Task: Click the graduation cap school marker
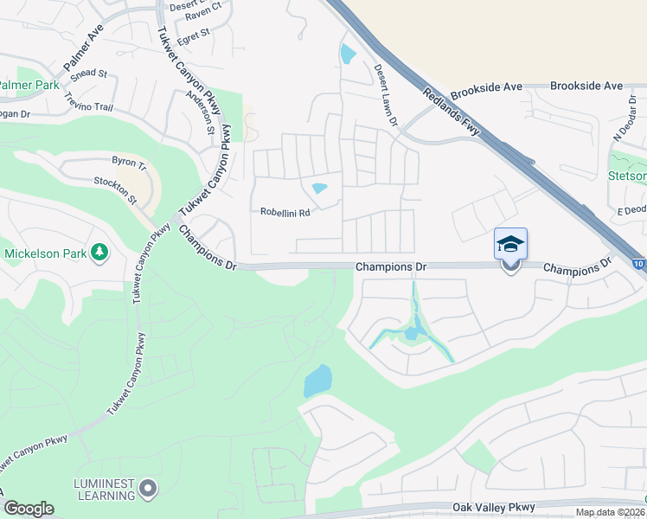[x=510, y=243]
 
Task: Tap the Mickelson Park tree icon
[x=100, y=253]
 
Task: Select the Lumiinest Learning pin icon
[x=148, y=490]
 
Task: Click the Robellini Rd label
[x=285, y=211]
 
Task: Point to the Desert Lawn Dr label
[x=385, y=96]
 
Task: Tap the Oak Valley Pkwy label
[x=493, y=508]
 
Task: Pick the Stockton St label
[x=116, y=190]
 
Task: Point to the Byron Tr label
[x=130, y=161]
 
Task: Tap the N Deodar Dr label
[x=625, y=125]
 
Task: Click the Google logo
[x=29, y=509]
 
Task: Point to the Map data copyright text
[x=611, y=512]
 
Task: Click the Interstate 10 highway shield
[x=639, y=263]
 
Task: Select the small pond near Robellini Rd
[x=319, y=189]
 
